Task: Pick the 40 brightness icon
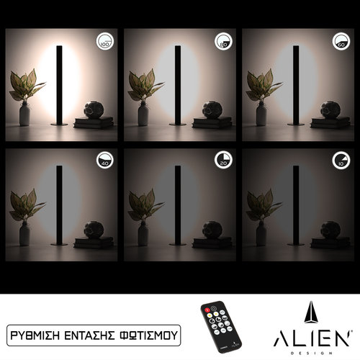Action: tap(105, 160)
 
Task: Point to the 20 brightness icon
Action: tap(223, 160)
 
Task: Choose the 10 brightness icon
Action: tap(341, 160)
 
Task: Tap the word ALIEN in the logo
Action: tap(312, 338)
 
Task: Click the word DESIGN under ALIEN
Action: tap(312, 352)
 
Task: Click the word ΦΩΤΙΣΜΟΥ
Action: tap(150, 336)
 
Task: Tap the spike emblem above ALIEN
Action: tap(312, 313)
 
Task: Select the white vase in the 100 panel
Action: tap(24, 114)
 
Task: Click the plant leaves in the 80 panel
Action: tap(143, 85)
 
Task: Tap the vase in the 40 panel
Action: tap(24, 233)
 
